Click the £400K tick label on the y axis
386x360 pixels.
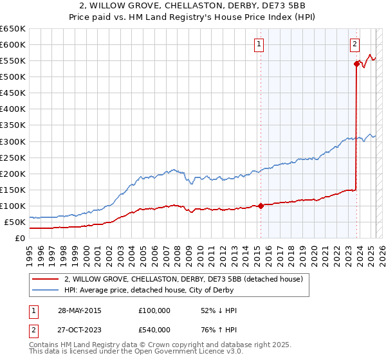click(x=12, y=109)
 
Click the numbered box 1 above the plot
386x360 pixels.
click(x=259, y=44)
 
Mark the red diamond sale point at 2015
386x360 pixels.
click(x=261, y=206)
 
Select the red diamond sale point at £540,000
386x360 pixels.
click(x=356, y=63)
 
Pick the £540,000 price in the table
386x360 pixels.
click(x=154, y=329)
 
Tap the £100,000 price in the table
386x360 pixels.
click(x=154, y=310)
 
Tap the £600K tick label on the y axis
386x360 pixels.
click(x=12, y=44)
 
